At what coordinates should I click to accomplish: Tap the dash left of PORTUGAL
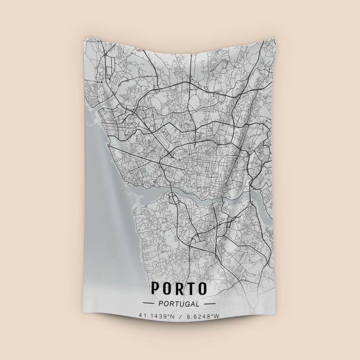click(x=148, y=304)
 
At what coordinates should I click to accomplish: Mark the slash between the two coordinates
click(x=180, y=316)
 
